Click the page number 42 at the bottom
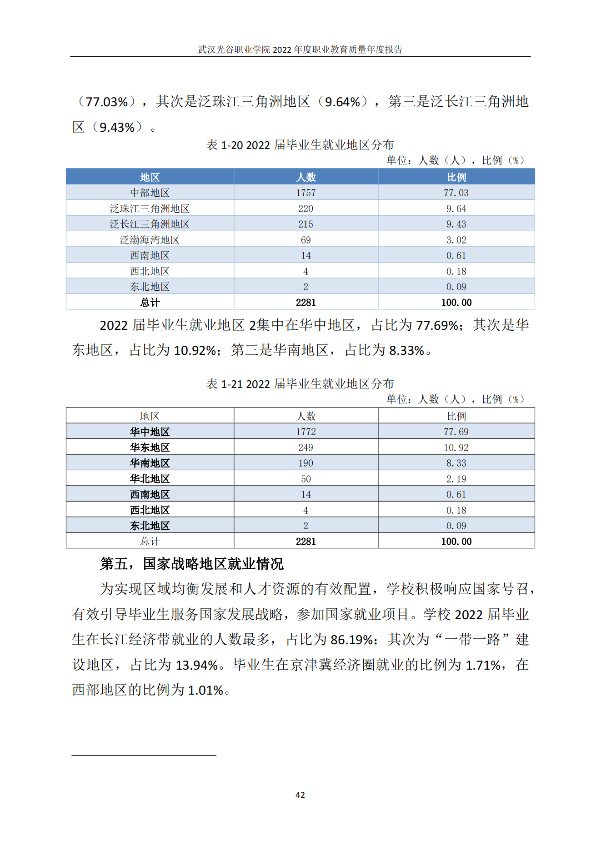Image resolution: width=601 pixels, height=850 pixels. click(x=300, y=795)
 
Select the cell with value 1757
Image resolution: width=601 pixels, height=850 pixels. click(x=306, y=193)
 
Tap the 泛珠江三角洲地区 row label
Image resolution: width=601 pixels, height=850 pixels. click(x=150, y=209)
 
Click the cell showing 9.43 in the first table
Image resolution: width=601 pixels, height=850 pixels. click(x=456, y=224)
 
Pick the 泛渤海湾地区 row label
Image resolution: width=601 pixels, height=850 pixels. click(x=150, y=240)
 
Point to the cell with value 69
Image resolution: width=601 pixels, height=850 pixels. click(x=306, y=240)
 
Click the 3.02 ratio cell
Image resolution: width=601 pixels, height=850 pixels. click(x=456, y=240)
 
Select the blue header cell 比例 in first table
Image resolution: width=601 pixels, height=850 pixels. click(x=456, y=177)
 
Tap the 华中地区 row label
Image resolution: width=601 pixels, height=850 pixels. click(x=150, y=432)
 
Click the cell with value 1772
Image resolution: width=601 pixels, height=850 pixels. click(x=306, y=432)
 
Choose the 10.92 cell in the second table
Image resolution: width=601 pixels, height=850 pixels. click(x=456, y=447)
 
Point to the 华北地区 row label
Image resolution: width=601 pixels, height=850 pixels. click(x=150, y=479)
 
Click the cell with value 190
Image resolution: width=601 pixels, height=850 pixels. click(x=306, y=463)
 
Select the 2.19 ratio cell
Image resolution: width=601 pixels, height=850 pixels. click(x=456, y=479)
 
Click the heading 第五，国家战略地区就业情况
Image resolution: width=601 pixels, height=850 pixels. click(x=191, y=564)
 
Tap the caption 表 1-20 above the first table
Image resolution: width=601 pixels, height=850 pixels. click(x=300, y=145)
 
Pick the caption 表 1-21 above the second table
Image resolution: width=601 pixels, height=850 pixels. click(x=300, y=384)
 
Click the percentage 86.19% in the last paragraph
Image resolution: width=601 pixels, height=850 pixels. click(x=352, y=640)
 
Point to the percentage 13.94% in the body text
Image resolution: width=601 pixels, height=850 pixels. click(x=197, y=665)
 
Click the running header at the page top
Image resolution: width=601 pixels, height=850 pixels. click(x=300, y=50)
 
